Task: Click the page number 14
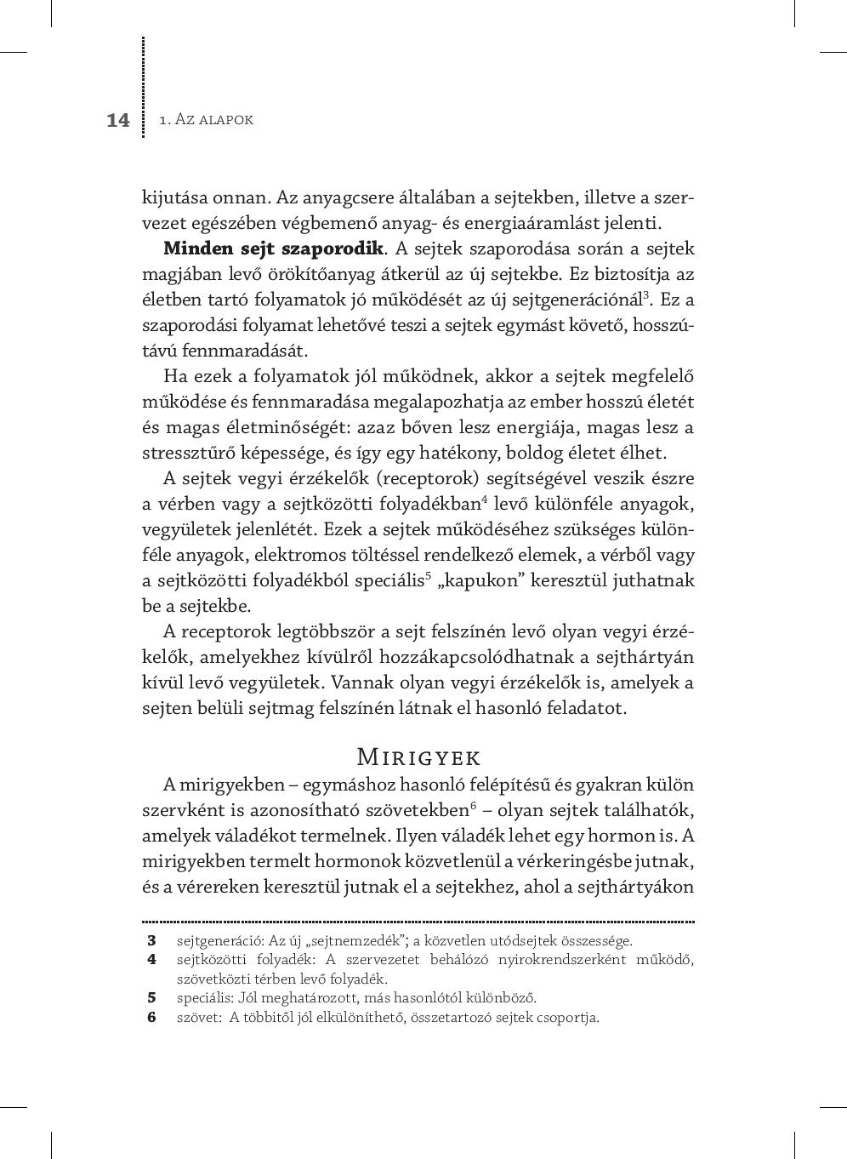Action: coord(118,120)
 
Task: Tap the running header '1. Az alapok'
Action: coord(206,120)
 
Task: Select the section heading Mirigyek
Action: coord(418,756)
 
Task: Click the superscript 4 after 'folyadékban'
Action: coord(484,499)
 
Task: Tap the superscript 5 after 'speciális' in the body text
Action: coord(429,575)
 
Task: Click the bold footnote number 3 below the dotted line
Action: coord(152,940)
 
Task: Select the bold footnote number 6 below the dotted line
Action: coord(152,1016)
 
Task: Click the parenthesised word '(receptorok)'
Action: coord(417,478)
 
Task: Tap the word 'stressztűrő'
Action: coord(185,453)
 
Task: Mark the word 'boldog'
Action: coord(547,453)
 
